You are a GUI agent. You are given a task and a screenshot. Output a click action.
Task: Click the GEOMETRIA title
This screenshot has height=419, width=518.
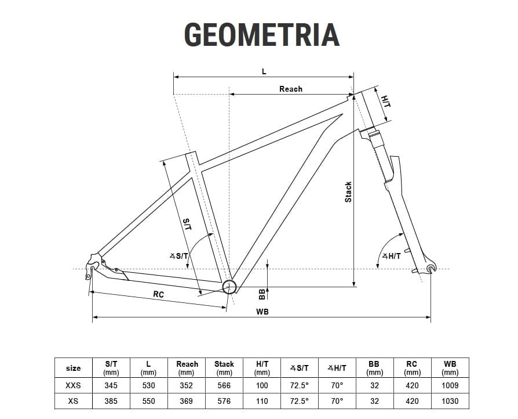click(262, 34)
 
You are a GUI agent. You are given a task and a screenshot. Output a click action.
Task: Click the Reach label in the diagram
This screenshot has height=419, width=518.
click(291, 89)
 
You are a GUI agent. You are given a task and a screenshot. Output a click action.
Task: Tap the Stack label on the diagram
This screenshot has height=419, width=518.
click(348, 192)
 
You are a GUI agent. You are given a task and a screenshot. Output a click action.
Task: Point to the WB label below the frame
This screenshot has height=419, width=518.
click(262, 312)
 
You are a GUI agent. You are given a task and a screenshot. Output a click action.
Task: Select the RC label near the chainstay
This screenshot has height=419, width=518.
click(159, 294)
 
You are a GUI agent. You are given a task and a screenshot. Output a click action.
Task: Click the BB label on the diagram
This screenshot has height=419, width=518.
click(262, 294)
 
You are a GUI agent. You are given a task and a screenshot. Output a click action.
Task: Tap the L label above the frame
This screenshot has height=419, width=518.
click(264, 71)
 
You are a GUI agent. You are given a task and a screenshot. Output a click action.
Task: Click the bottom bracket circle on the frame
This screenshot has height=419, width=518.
click(229, 287)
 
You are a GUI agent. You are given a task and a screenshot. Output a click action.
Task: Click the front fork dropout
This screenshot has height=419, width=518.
click(431, 268)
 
